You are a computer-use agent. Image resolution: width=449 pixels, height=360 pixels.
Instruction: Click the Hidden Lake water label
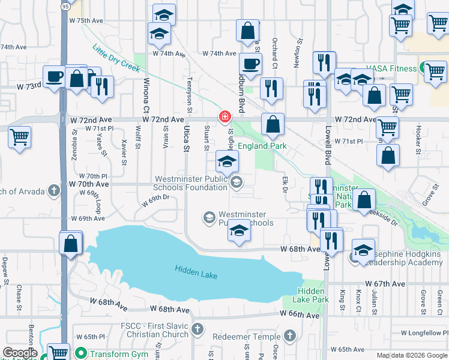tap(196, 271)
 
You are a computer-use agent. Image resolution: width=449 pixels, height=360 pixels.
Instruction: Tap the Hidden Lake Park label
tap(313, 295)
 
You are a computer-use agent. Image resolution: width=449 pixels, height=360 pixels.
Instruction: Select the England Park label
tap(262, 146)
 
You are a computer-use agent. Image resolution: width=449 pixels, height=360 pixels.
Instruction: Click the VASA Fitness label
tap(394, 68)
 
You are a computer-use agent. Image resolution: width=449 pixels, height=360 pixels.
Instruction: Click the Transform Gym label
tap(119, 353)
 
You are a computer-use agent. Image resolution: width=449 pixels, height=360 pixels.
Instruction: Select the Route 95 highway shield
tap(65, 5)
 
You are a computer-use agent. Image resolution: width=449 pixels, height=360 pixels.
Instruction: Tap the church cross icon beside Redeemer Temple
tap(289, 335)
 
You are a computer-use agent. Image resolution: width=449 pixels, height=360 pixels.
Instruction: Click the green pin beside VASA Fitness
tap(424, 68)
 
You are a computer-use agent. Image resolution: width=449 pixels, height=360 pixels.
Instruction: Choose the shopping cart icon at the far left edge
tap(20, 136)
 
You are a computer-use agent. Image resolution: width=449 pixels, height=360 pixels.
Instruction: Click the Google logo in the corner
tap(20, 353)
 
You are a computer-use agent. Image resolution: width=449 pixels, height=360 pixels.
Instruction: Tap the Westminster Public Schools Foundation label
tap(190, 183)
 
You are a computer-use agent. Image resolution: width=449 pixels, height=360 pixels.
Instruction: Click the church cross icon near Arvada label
tap(54, 191)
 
